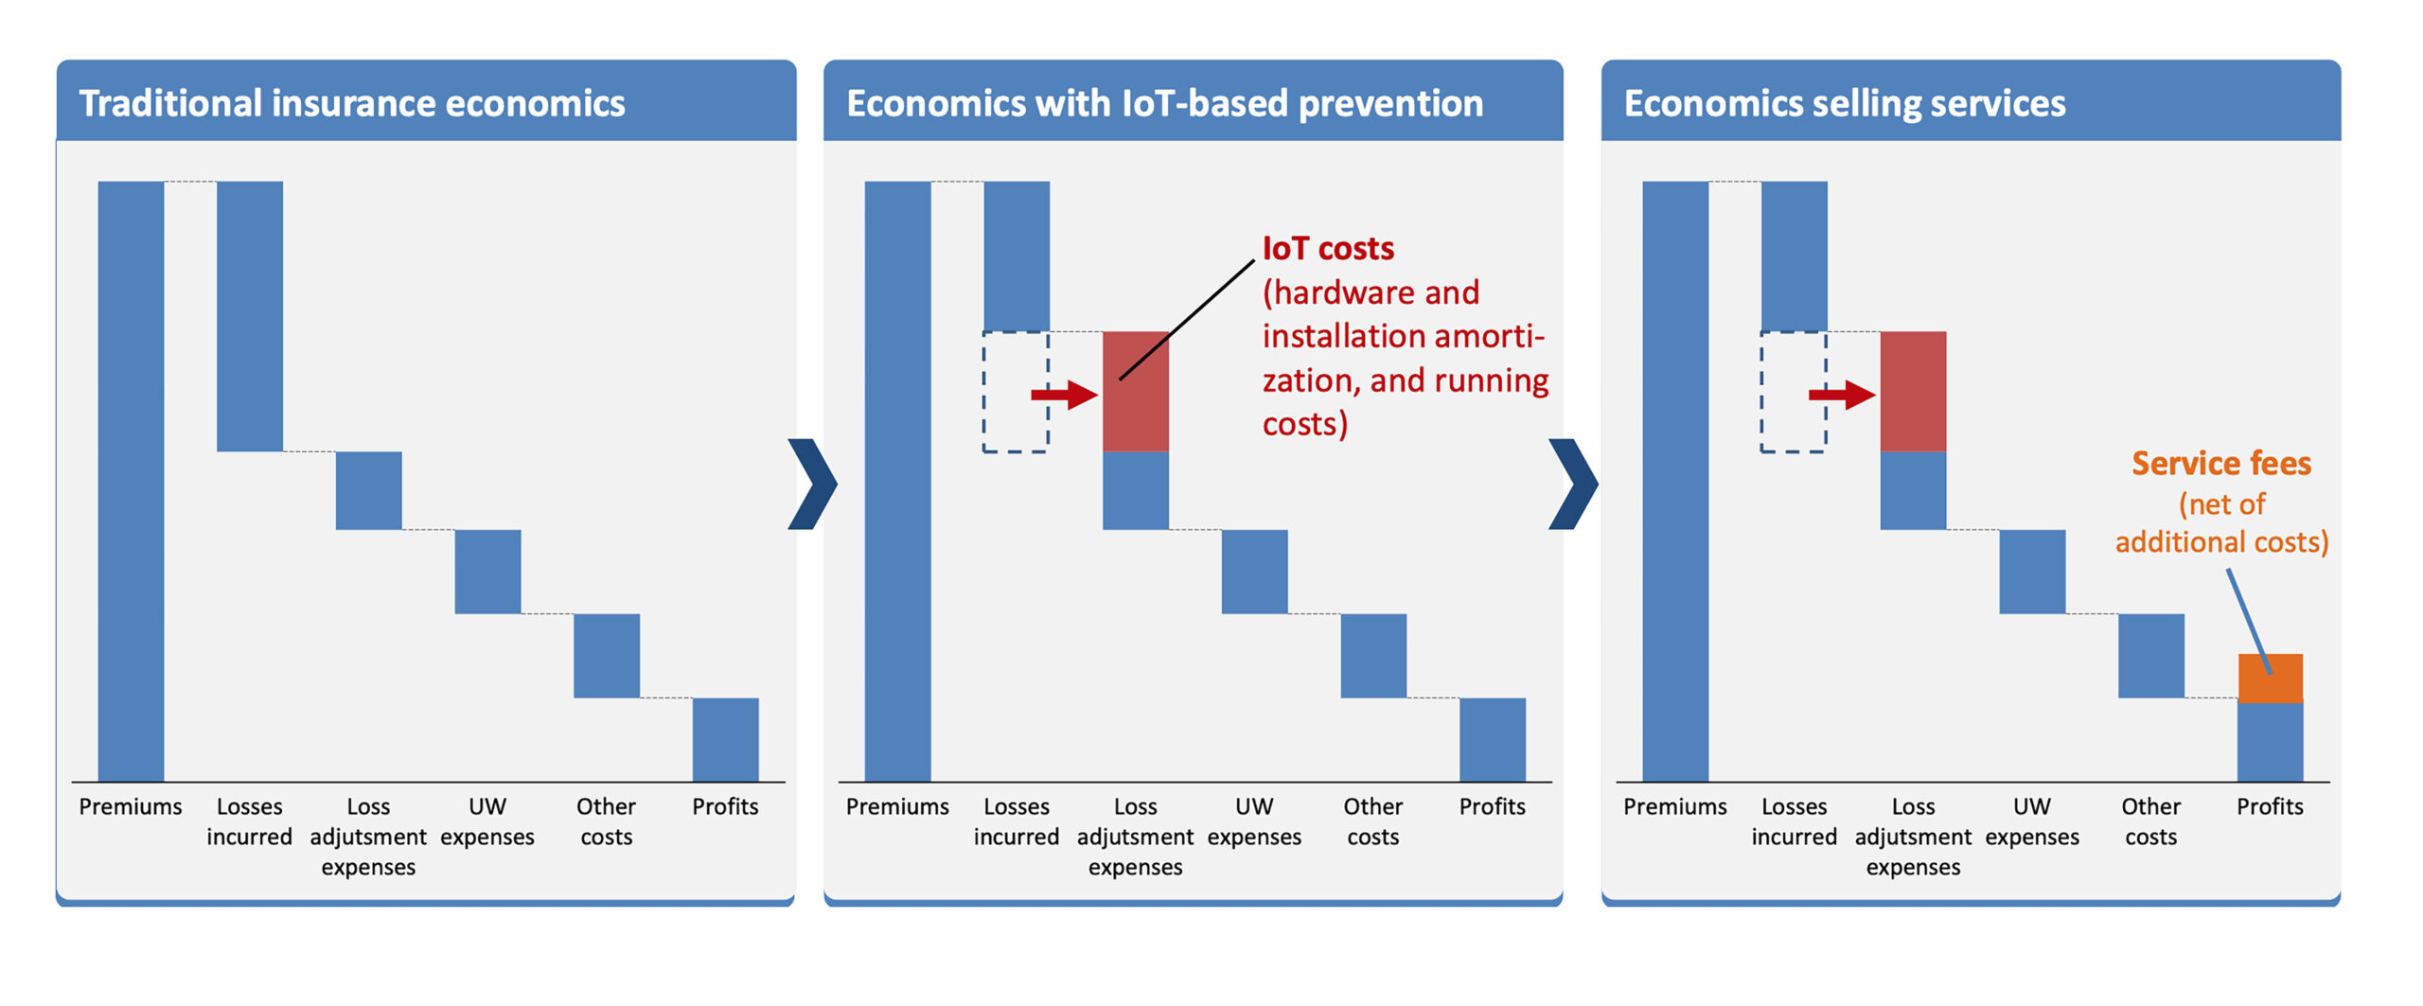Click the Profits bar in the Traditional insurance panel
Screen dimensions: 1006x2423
pos(725,739)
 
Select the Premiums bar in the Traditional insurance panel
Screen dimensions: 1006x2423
pos(131,481)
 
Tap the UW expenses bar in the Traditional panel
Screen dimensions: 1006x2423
pos(487,572)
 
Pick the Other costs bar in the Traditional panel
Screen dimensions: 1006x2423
pos(607,656)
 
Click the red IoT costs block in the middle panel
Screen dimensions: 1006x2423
pos(1136,416)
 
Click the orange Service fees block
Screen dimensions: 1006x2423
pos(2270,679)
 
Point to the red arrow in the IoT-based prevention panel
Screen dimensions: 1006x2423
pos(1065,394)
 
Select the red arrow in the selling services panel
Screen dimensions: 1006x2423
pos(1842,394)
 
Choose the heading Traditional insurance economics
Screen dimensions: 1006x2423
pos(352,103)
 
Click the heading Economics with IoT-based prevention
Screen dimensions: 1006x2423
pos(1164,103)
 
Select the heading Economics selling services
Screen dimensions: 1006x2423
pos(1845,103)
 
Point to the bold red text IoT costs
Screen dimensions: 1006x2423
pos(1328,248)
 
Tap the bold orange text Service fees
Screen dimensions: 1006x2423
pos(2220,463)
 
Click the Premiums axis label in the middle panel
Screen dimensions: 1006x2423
pos(897,806)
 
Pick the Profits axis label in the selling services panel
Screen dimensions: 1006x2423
pos(2270,806)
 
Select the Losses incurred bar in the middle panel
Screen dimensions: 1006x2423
pos(1017,256)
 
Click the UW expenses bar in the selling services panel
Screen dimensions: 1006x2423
pos(2032,572)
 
